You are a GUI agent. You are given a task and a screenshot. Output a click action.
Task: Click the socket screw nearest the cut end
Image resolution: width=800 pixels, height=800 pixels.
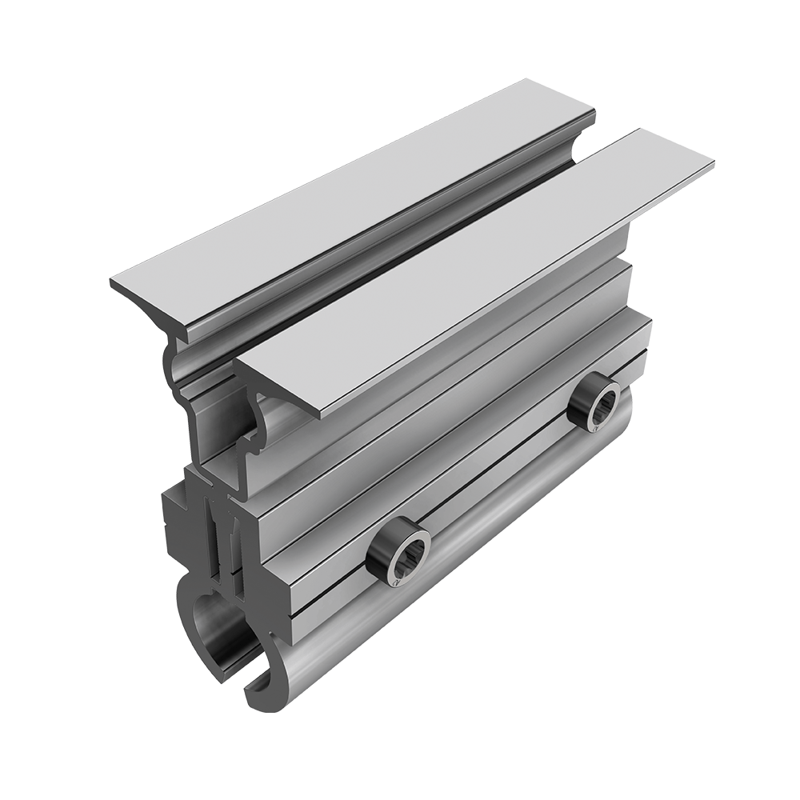click(x=398, y=552)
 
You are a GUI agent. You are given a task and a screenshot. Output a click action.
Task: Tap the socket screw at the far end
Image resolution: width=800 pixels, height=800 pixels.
click(x=594, y=406)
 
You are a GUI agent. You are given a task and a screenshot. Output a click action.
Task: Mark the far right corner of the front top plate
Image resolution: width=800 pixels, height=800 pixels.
click(x=711, y=166)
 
